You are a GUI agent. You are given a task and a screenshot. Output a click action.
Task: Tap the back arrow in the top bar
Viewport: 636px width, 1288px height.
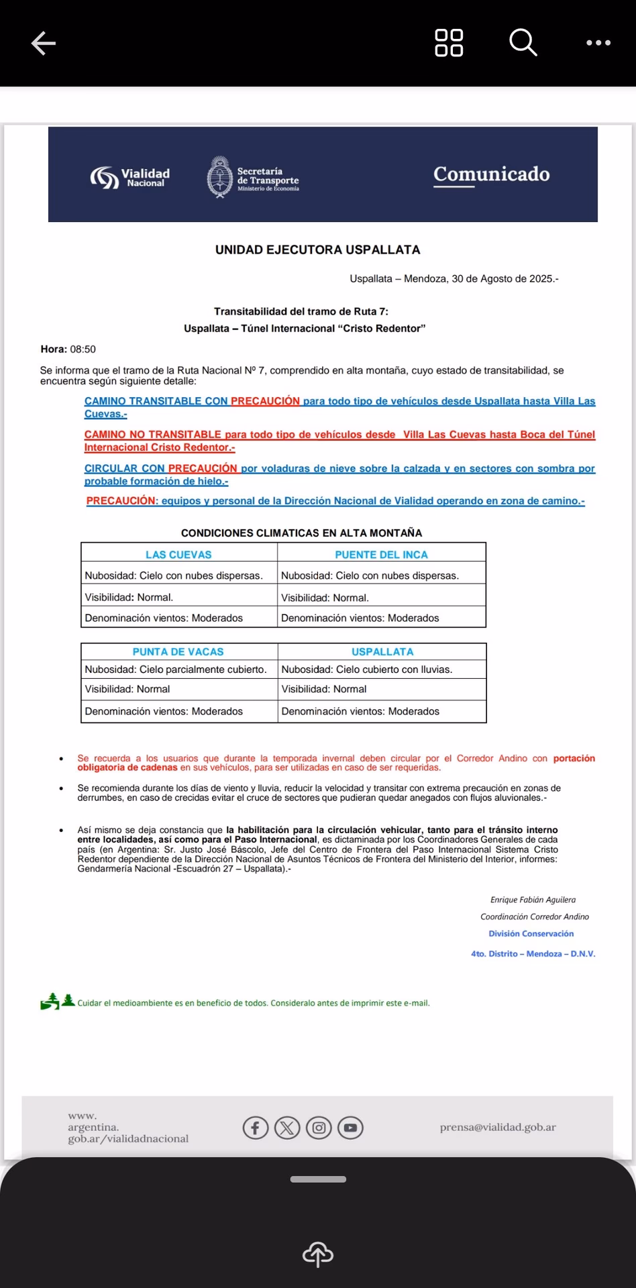point(44,44)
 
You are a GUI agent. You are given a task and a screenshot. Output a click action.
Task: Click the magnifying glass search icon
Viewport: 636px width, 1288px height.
point(523,43)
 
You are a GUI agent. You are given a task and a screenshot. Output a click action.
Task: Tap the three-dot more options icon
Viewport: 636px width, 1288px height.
point(598,43)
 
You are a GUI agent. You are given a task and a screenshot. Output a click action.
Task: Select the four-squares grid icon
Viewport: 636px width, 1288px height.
point(449,43)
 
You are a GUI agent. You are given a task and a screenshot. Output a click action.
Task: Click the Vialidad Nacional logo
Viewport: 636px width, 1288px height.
point(130,177)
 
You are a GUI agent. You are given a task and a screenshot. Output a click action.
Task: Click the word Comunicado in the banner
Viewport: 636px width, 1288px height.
point(491,174)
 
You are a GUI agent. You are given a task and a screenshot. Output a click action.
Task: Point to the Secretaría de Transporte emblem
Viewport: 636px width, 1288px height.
point(219,177)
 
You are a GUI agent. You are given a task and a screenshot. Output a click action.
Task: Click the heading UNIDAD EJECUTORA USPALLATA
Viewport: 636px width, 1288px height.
point(317,250)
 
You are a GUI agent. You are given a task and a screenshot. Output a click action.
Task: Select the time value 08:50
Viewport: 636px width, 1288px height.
point(83,350)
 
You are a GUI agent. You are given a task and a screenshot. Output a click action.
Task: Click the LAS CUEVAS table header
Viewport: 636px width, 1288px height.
point(178,555)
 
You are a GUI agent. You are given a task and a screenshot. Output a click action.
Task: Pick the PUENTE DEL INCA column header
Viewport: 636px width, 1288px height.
point(381,555)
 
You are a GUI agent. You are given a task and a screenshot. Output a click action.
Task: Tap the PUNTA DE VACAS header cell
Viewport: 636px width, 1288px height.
point(178,651)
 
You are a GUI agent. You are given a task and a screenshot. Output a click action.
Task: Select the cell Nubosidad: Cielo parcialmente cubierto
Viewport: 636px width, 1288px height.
point(176,669)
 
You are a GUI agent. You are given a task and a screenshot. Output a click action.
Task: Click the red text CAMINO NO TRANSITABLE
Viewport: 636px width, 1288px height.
point(153,435)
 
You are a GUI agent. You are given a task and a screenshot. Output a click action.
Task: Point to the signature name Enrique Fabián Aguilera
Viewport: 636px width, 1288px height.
point(533,900)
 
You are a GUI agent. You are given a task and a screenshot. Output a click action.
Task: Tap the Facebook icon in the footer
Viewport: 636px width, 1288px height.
point(256,1128)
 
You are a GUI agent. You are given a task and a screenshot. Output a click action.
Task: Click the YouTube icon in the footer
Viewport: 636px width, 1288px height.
point(350,1128)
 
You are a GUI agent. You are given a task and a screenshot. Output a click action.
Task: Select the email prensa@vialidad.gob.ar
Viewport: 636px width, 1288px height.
point(498,1127)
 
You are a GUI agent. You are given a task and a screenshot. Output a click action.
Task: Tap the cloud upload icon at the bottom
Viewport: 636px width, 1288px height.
point(318,1253)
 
